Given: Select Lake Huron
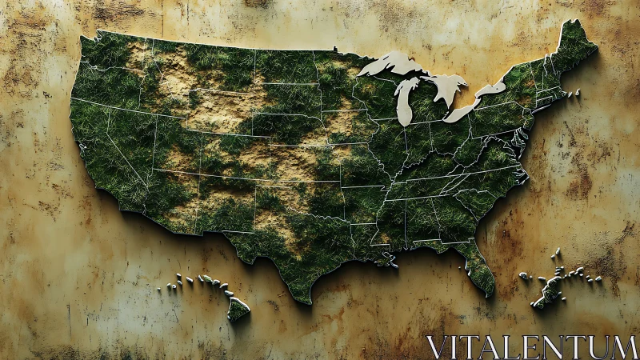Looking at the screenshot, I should click(449, 86).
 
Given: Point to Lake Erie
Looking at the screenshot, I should click(462, 112).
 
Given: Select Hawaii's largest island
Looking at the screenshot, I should click(238, 308).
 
